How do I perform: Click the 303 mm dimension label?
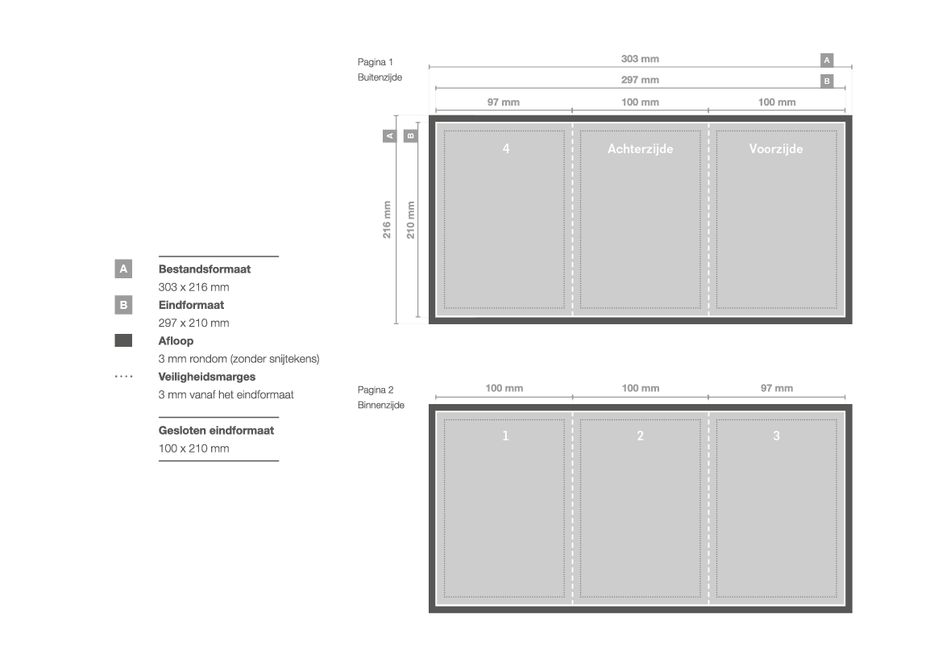coord(640,59)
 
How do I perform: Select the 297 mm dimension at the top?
coord(640,80)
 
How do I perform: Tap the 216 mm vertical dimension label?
coord(387,219)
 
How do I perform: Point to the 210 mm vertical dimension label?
coord(410,219)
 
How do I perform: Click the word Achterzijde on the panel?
coord(641,149)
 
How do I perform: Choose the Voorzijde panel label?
coord(776,149)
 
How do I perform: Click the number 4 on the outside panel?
coord(506,148)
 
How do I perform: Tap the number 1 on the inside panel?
coord(505,436)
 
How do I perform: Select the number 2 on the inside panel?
coord(641,436)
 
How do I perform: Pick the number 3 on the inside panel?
coord(776,436)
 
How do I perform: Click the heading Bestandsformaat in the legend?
coord(204,269)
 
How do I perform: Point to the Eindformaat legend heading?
coord(191,305)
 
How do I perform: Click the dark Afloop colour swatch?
coord(123,340)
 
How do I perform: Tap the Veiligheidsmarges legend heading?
coord(206,377)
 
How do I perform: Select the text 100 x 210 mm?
coord(193,448)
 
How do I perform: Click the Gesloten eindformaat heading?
coord(216,431)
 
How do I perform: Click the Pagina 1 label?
coord(375,62)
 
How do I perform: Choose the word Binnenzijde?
coord(381,406)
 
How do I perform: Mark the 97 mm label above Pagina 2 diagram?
coord(777,389)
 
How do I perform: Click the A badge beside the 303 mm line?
coord(827,60)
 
